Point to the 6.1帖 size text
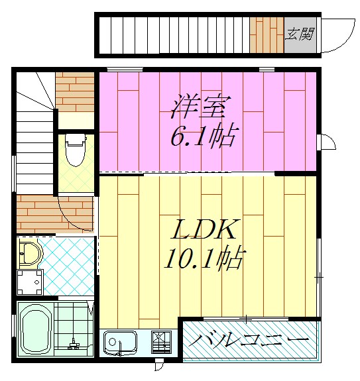pos(203,137)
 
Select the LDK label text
pos(205,230)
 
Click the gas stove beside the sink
pos(161,343)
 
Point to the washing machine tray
pos(29,282)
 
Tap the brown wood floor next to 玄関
pos(267,34)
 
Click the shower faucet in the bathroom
pos(74,343)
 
